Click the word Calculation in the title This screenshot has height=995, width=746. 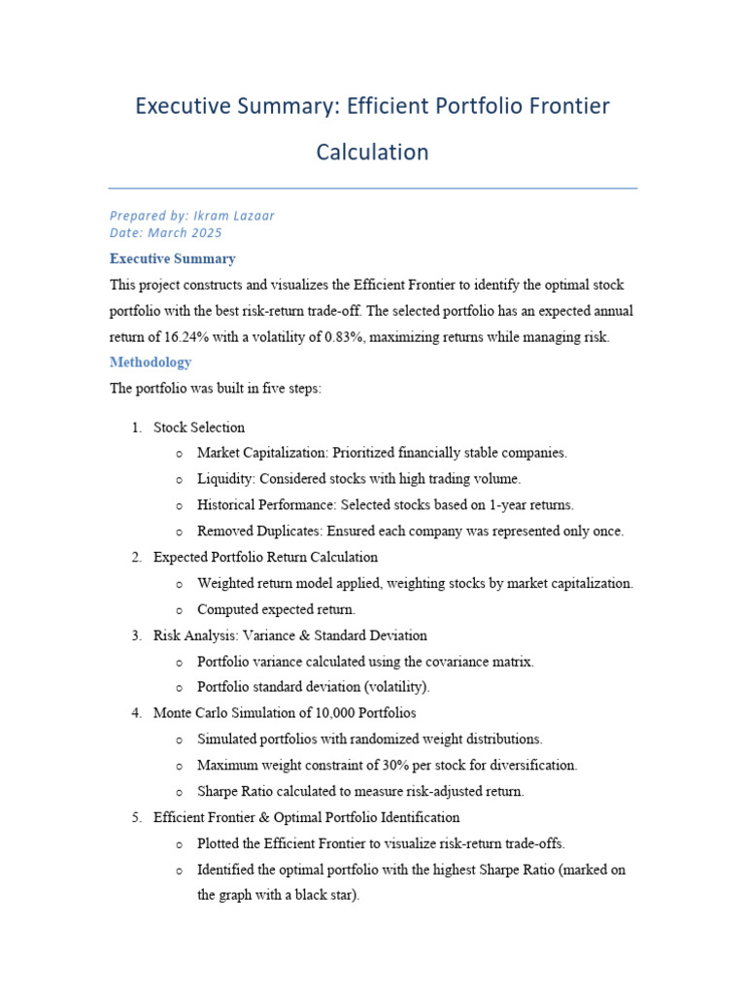(x=372, y=153)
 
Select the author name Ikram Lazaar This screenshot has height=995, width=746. (x=233, y=216)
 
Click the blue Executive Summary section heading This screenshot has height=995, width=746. (x=172, y=259)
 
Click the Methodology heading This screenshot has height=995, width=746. (x=151, y=362)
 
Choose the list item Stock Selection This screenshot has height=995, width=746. (x=199, y=428)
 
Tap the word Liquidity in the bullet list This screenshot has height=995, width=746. (x=223, y=479)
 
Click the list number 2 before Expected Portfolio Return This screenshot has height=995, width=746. (x=135, y=558)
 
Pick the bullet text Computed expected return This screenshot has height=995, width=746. (x=276, y=610)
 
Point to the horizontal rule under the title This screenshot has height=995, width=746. (x=372, y=189)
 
